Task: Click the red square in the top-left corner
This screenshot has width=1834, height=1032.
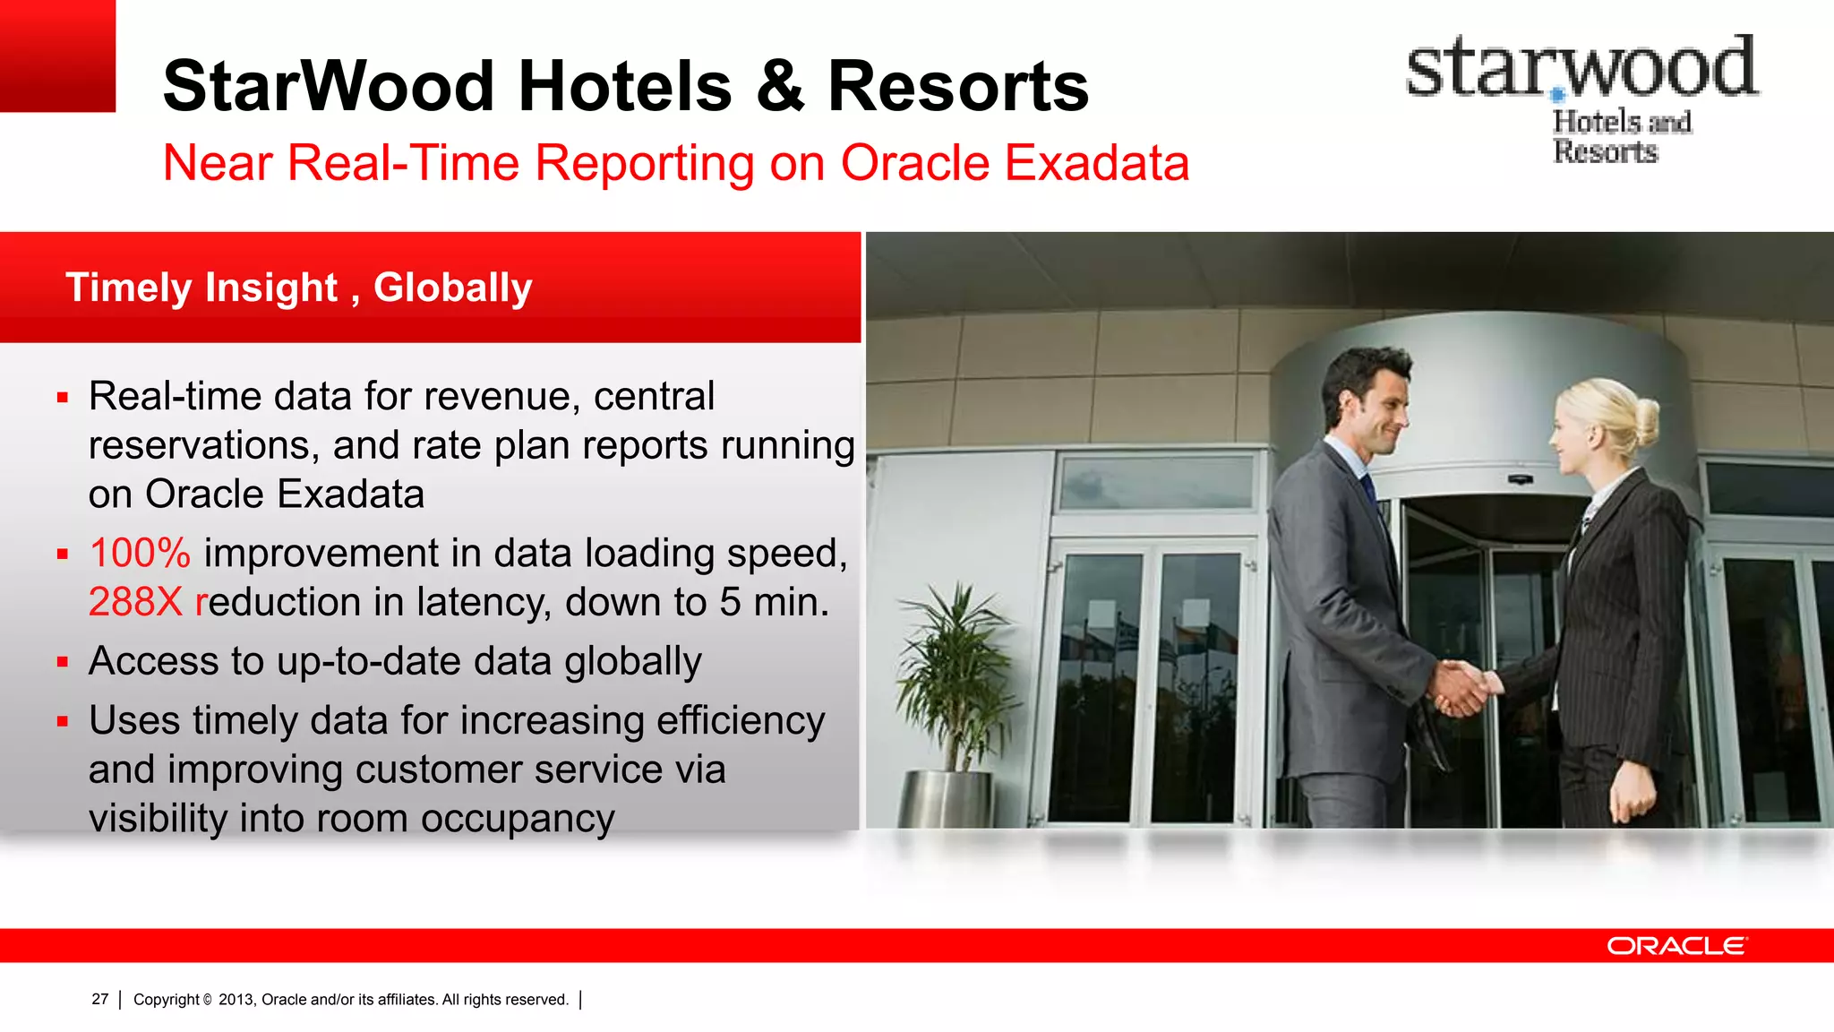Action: tap(57, 56)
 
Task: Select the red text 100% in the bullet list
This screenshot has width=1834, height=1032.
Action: tap(140, 553)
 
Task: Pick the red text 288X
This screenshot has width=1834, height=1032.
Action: tap(135, 602)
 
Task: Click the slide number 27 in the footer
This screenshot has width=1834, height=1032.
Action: tap(99, 999)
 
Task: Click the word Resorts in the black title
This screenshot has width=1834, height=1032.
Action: tap(957, 86)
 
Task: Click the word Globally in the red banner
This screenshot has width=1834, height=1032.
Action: tap(452, 288)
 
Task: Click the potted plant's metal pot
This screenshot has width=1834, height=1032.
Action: tap(945, 799)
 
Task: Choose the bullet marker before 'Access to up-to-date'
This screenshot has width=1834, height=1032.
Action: tap(63, 662)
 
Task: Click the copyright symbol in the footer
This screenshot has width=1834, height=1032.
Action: tap(207, 1000)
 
